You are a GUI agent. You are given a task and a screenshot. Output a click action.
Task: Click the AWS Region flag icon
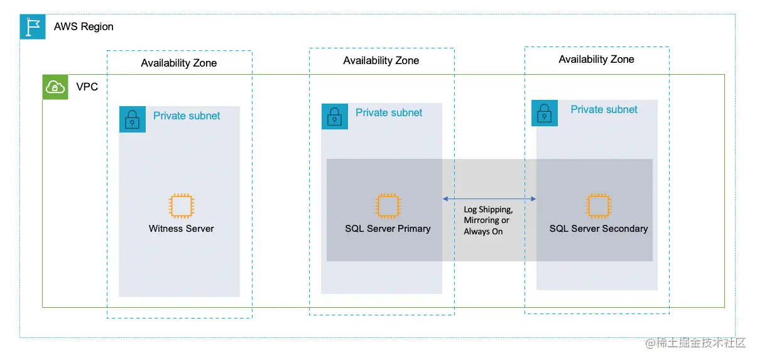[33, 27]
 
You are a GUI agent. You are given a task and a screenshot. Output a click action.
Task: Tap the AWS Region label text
[84, 27]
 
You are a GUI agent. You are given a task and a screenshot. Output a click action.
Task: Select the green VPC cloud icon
[55, 87]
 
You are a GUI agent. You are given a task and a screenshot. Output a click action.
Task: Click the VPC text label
[87, 87]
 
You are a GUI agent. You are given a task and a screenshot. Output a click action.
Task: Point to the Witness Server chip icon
[182, 206]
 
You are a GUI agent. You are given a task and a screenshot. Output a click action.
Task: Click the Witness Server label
[182, 229]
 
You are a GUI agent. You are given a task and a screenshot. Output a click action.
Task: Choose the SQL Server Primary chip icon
[388, 206]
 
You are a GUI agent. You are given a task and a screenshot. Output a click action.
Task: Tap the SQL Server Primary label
[388, 229]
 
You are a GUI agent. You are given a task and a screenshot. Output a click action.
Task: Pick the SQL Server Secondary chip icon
[598, 206]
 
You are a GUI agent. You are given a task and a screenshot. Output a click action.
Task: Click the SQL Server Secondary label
[598, 229]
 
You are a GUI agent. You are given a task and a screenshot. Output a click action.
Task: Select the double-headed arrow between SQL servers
[489, 199]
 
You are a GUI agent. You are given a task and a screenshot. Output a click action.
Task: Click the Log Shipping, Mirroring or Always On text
[488, 221]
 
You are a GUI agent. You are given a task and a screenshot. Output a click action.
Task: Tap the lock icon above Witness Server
[133, 119]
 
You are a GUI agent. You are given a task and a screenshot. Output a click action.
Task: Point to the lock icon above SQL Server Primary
[335, 116]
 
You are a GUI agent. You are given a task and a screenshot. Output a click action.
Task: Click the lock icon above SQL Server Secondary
[545, 113]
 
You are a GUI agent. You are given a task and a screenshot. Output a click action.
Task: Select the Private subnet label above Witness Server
[187, 116]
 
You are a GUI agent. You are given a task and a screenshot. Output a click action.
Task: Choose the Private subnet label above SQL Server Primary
[389, 112]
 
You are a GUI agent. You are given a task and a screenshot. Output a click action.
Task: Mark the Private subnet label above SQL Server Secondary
[604, 109]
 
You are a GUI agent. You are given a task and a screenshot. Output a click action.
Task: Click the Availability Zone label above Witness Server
[179, 63]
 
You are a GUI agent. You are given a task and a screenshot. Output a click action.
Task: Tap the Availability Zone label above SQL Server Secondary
[596, 59]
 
